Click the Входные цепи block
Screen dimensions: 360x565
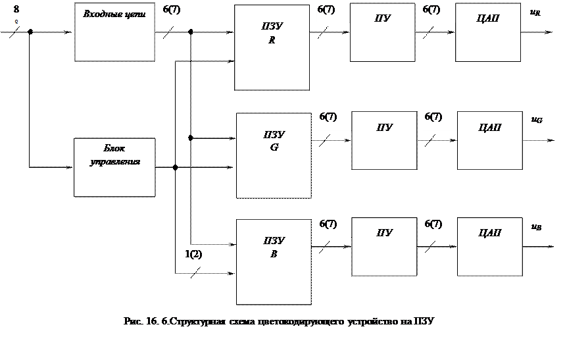(x=114, y=32)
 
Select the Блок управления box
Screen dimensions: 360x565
(x=114, y=167)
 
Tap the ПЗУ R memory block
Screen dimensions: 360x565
(x=272, y=47)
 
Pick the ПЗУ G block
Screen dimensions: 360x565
(x=274, y=155)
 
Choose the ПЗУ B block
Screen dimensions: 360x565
(x=274, y=261)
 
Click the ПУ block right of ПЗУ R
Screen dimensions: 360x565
(x=382, y=32)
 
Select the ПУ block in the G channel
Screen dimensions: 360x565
(x=384, y=140)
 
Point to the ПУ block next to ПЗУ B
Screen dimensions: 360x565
(x=385, y=247)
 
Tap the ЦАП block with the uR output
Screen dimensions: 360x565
(x=487, y=32)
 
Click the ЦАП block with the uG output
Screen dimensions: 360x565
(x=490, y=140)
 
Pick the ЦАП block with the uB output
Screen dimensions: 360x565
(x=490, y=247)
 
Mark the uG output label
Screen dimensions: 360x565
(x=547, y=121)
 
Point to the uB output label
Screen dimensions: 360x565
(x=547, y=228)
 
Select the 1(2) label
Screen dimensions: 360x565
(x=200, y=257)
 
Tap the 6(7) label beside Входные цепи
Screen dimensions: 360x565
(x=178, y=12)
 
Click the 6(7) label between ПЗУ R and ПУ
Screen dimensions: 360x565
(x=332, y=12)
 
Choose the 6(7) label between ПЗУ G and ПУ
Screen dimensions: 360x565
(x=334, y=120)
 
